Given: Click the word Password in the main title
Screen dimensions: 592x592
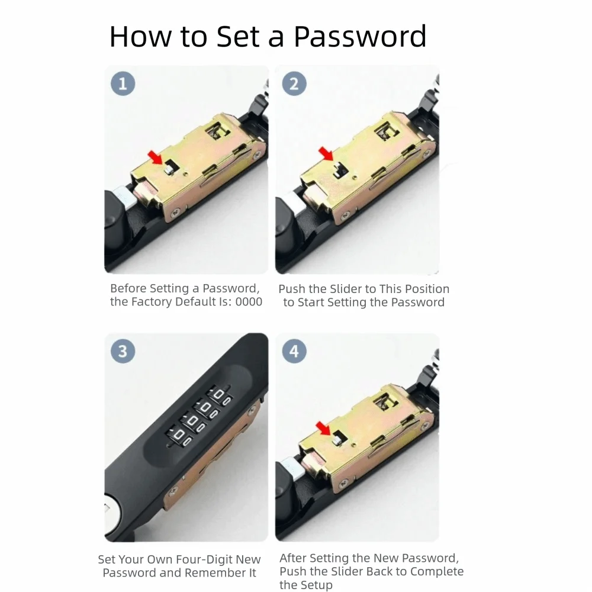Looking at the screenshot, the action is click(360, 37).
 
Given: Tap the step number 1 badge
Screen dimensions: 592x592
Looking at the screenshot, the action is click(123, 83).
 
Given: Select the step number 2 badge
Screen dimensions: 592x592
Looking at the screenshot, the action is click(294, 83).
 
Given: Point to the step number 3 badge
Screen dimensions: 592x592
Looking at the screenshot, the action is click(123, 351).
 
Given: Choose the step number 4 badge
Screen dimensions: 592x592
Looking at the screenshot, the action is click(294, 351).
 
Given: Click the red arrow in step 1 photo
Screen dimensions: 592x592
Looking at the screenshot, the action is click(155, 157).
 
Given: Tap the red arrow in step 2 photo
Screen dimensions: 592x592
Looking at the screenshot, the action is click(326, 154).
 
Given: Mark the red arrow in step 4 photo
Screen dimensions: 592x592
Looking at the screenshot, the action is click(323, 429).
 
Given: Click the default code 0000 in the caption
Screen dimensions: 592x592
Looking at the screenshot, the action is click(249, 302).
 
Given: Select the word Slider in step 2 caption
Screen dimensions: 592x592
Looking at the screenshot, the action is click(345, 289).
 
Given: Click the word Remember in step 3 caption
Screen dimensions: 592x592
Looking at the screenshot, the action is click(214, 572).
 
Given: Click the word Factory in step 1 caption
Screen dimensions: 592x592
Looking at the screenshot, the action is click(151, 302).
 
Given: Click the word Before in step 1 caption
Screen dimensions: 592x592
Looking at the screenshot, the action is click(127, 288).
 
